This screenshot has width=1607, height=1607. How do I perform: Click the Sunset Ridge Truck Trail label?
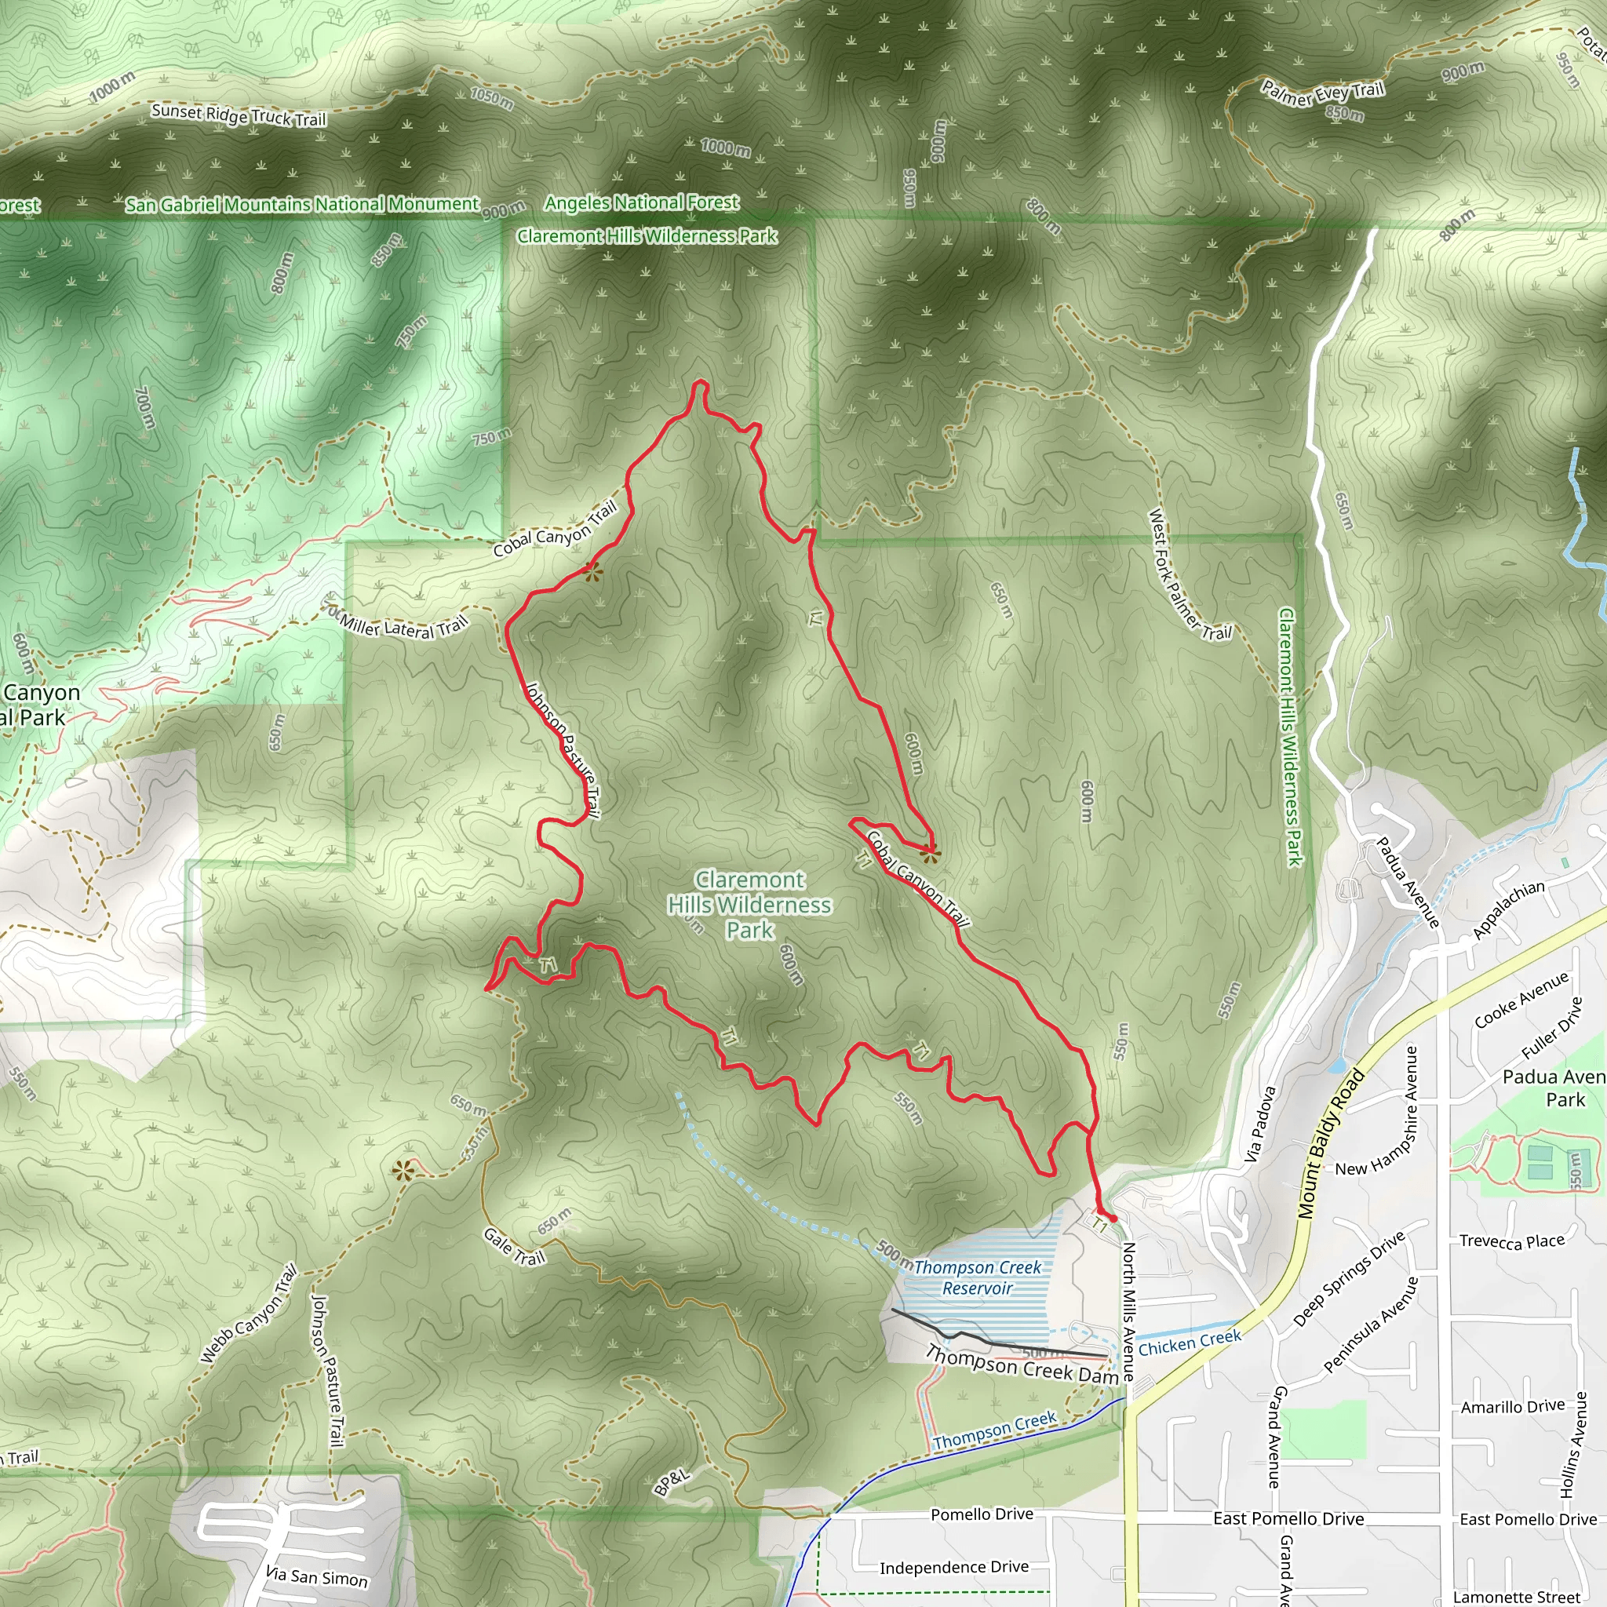click(239, 115)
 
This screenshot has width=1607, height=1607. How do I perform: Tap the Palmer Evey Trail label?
click(1322, 93)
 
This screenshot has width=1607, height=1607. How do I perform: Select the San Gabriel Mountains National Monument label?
click(303, 204)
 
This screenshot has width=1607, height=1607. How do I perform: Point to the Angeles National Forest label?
click(641, 202)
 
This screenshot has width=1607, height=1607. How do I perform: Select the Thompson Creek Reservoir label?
click(978, 1277)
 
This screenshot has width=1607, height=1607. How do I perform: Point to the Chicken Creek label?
click(1190, 1343)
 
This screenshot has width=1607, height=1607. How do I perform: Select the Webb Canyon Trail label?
click(249, 1314)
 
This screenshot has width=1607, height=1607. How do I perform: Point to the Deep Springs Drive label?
click(1348, 1278)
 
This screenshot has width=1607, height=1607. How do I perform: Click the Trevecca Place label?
click(1512, 1242)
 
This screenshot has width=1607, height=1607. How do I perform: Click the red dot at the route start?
click(1113, 1218)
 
